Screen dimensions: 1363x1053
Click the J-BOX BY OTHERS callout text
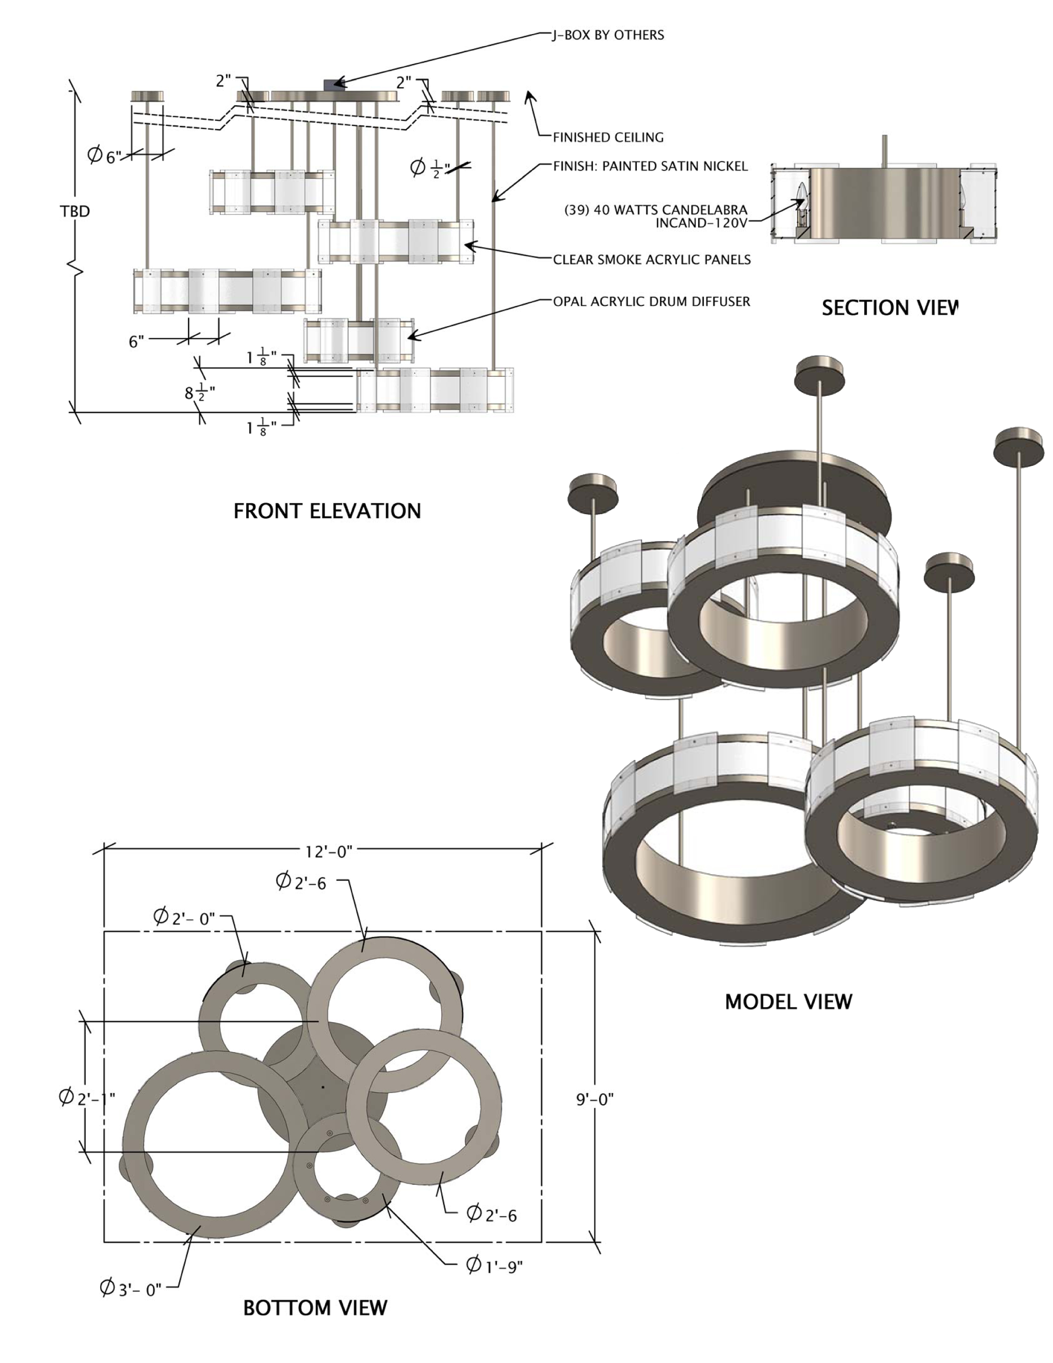(608, 35)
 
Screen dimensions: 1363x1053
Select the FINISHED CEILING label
(608, 137)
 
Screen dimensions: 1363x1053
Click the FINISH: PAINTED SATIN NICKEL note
(650, 166)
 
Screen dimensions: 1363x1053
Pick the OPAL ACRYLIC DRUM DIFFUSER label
(651, 302)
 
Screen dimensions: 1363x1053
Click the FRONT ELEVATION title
(327, 511)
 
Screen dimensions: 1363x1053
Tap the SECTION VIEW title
(889, 308)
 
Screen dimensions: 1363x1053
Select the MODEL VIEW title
(788, 1002)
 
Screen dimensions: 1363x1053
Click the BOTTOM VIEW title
(315, 1308)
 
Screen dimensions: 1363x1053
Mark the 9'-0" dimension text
(595, 1099)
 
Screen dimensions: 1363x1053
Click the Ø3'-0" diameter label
(131, 1289)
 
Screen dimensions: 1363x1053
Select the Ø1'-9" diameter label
(495, 1265)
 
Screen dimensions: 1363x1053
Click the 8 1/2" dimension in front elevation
(199, 393)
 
